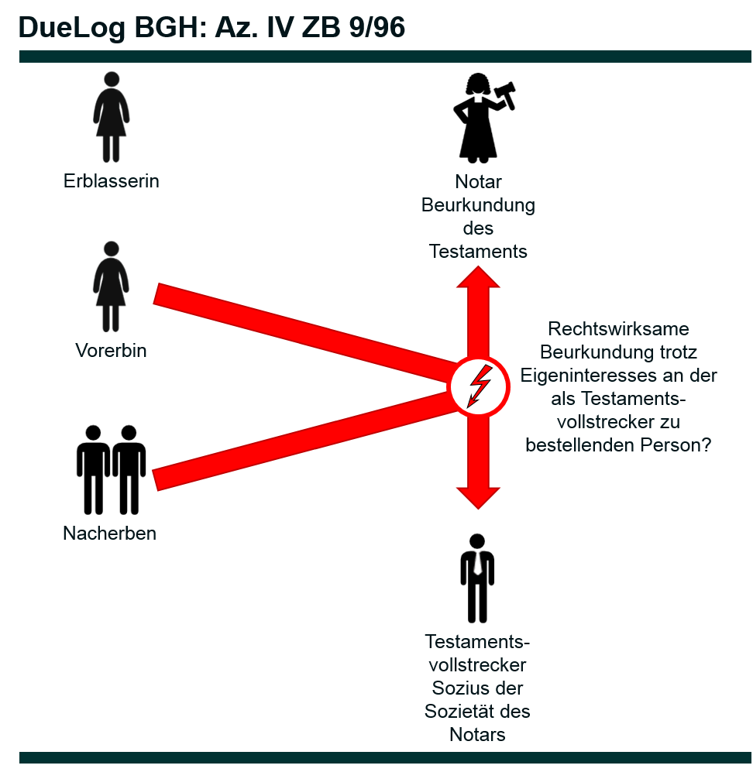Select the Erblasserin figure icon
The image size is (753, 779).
click(x=112, y=117)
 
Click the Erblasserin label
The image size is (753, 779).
click(x=112, y=181)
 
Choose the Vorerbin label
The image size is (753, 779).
click(x=111, y=350)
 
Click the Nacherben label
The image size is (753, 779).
click(x=109, y=534)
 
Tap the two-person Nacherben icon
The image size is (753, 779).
click(x=111, y=469)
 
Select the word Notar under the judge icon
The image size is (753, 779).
click(x=478, y=183)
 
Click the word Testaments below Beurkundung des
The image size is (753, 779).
click(x=478, y=251)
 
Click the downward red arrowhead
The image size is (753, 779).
click(x=478, y=496)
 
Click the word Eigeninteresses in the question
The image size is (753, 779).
click(x=583, y=376)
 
